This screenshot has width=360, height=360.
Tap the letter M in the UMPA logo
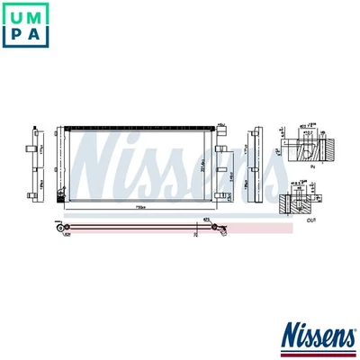click(x=40, y=16)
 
